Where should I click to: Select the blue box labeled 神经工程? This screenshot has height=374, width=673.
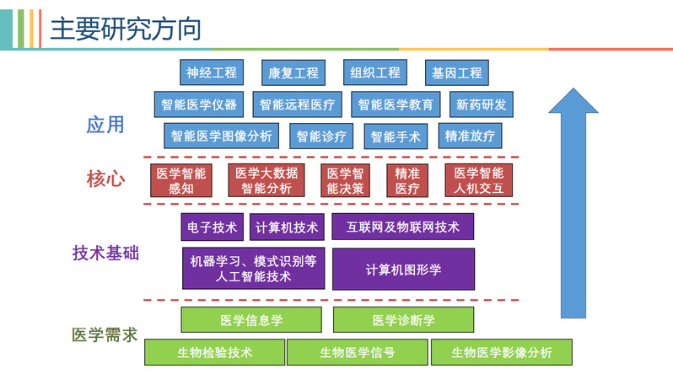pyautogui.click(x=212, y=72)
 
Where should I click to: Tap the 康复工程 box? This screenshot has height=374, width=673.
pyautogui.click(x=293, y=72)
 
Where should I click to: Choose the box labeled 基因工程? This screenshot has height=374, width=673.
pyautogui.click(x=456, y=72)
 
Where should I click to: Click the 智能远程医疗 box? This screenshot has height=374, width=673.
pyautogui.click(x=297, y=105)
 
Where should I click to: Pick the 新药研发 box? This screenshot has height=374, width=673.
pyautogui.click(x=482, y=105)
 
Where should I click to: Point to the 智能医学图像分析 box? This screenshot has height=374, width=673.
pyautogui.click(x=222, y=136)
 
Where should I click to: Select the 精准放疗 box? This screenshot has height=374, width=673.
pyautogui.click(x=470, y=136)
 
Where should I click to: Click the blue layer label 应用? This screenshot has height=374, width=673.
pyautogui.click(x=105, y=125)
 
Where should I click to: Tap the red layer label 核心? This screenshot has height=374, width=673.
pyautogui.click(x=105, y=179)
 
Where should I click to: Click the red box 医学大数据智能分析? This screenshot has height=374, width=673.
pyautogui.click(x=267, y=180)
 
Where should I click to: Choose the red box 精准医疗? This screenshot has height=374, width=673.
pyautogui.click(x=407, y=180)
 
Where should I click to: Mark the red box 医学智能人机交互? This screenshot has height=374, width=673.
pyautogui.click(x=478, y=180)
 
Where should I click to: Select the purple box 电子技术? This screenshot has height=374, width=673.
pyautogui.click(x=213, y=227)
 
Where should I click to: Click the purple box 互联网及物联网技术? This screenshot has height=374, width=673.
pyautogui.click(x=402, y=227)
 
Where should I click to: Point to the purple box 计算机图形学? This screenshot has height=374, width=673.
pyautogui.click(x=403, y=269)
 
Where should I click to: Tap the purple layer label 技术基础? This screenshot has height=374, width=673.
pyautogui.click(x=105, y=253)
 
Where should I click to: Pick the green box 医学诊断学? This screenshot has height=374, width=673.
pyautogui.click(x=403, y=320)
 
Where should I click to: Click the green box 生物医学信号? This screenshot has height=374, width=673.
pyautogui.click(x=357, y=352)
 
